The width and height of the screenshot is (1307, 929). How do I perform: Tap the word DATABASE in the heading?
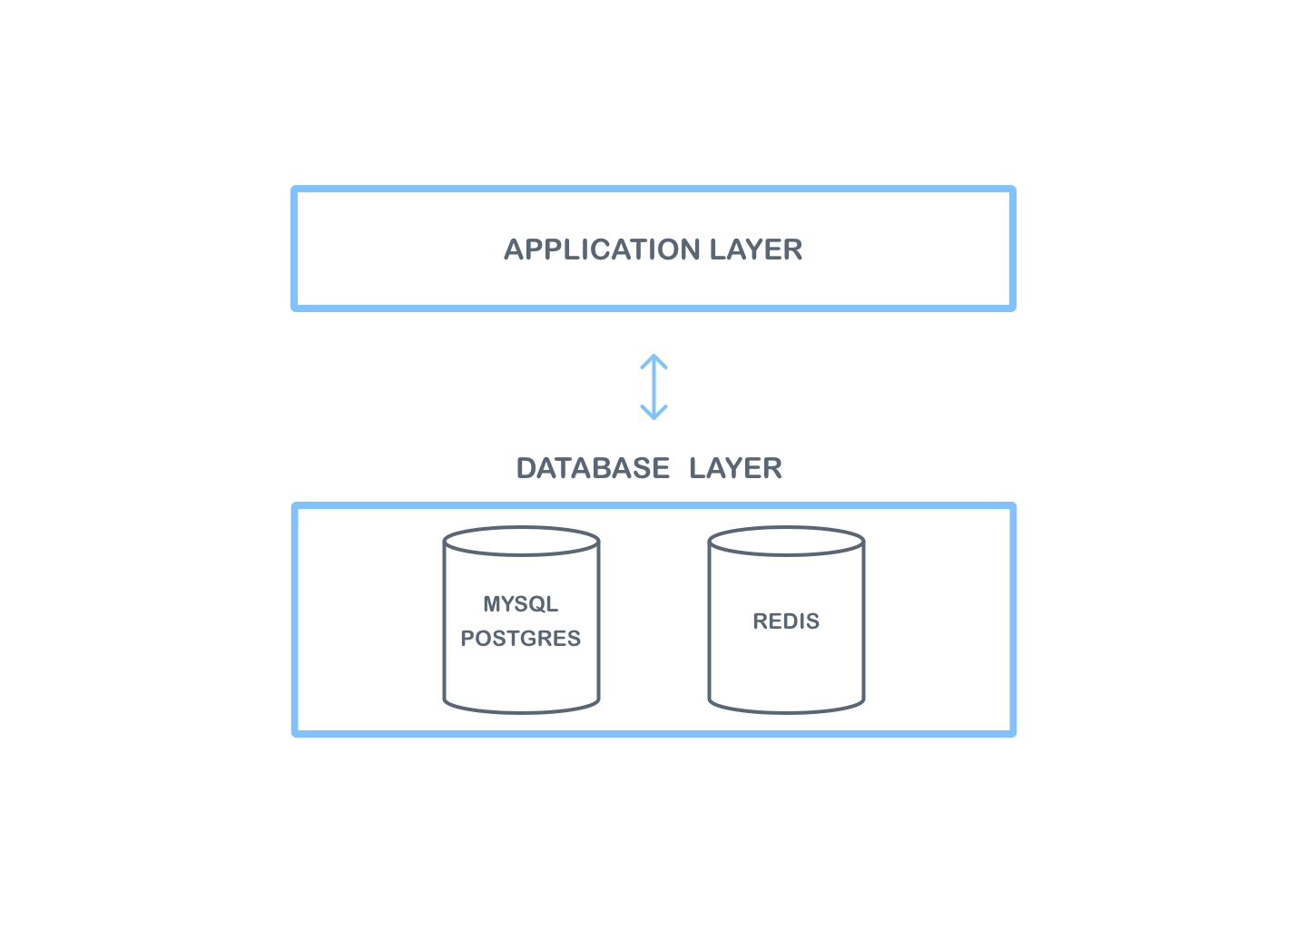[593, 468]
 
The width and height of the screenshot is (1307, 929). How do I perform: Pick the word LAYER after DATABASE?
[735, 468]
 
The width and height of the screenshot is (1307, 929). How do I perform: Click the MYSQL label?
[520, 604]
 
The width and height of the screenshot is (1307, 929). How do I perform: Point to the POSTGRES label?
[520, 639]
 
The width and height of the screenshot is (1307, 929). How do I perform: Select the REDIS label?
[786, 621]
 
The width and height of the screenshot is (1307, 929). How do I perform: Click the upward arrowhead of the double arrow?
[653, 359]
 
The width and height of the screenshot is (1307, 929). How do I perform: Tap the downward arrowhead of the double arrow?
[653, 415]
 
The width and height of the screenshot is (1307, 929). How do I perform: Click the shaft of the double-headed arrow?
[653, 387]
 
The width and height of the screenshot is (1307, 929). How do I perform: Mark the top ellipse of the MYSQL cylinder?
[521, 542]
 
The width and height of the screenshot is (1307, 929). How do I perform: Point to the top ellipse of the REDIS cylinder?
[786, 542]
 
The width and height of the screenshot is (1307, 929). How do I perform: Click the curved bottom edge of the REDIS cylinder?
[786, 710]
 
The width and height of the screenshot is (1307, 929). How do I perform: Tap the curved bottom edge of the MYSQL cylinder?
[521, 710]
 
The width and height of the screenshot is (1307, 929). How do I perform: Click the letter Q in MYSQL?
[536, 604]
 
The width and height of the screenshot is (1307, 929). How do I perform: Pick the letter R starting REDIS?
[761, 621]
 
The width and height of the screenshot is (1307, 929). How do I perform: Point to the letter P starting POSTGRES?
[467, 639]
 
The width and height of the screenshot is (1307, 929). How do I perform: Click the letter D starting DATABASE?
[526, 468]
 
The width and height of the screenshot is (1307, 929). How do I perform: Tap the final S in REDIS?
[813, 621]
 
